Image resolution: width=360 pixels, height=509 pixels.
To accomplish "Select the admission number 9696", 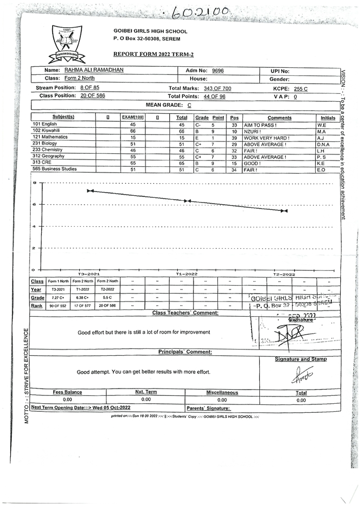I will (x=217, y=71).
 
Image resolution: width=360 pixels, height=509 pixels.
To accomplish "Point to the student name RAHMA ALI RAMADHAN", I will (x=93, y=70).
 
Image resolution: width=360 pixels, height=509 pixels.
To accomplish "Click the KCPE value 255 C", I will (x=298, y=89).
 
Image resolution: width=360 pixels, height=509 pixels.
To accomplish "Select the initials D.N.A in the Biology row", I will (x=323, y=144).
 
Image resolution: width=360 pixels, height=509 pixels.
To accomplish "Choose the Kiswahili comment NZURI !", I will (x=253, y=131).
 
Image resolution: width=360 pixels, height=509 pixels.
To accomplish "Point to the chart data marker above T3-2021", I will (x=89, y=191).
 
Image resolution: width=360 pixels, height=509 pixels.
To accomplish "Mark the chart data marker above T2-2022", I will (x=284, y=210).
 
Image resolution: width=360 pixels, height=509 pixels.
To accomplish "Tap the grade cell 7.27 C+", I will (x=58, y=297).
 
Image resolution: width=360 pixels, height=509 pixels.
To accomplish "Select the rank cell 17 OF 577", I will (x=83, y=305).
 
